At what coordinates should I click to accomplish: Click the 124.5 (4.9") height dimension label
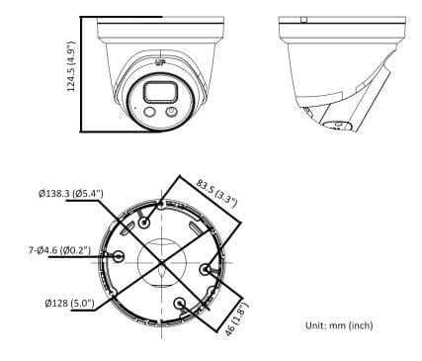71,66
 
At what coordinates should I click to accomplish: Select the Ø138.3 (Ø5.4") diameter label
71,193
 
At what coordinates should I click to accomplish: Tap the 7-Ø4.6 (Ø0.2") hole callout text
59,250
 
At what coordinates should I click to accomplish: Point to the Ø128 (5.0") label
70,303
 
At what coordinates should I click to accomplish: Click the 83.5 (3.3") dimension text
216,193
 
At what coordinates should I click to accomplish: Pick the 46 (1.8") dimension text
237,318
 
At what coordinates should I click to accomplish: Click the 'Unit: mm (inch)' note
339,325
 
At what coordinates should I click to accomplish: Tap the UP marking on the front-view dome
160,62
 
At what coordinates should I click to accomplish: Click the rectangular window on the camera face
159,92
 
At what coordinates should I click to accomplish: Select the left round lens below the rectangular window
149,112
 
